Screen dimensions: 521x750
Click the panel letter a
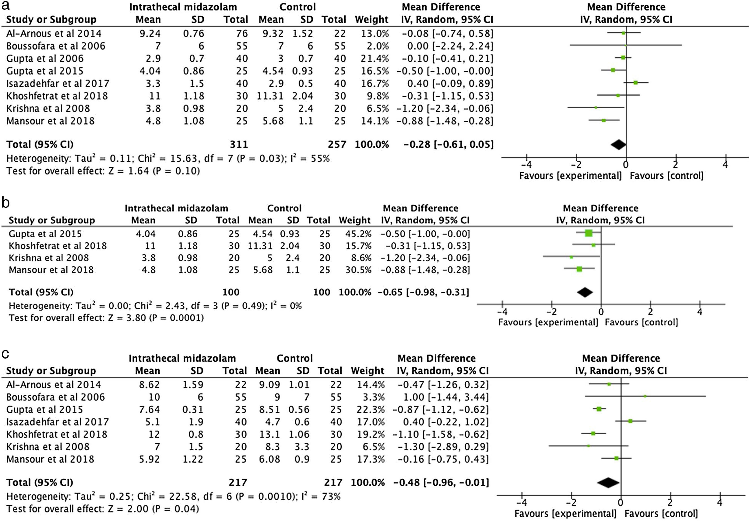point(6,6)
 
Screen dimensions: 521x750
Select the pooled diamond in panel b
point(585,292)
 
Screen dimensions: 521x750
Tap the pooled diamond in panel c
point(608,482)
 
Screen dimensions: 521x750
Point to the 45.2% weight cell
point(355,234)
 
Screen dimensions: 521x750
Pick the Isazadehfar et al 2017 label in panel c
point(57,422)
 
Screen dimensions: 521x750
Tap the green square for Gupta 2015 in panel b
point(588,233)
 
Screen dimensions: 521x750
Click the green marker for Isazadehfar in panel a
point(635,83)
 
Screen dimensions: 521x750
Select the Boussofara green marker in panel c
point(645,396)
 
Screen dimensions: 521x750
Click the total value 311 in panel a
point(239,144)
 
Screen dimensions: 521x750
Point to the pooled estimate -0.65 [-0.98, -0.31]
point(423,292)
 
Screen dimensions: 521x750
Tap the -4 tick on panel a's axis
point(527,164)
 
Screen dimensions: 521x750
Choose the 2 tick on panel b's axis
point(650,312)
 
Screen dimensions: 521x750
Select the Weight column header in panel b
point(355,220)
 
